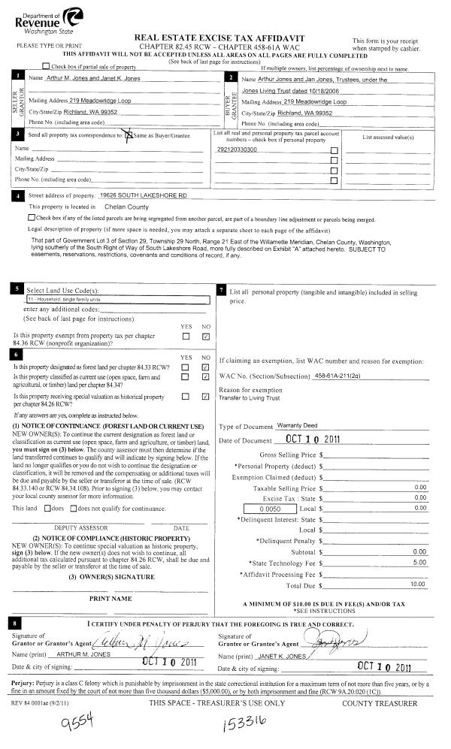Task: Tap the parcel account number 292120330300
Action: [237, 149]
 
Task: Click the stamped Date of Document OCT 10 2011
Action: [314, 439]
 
